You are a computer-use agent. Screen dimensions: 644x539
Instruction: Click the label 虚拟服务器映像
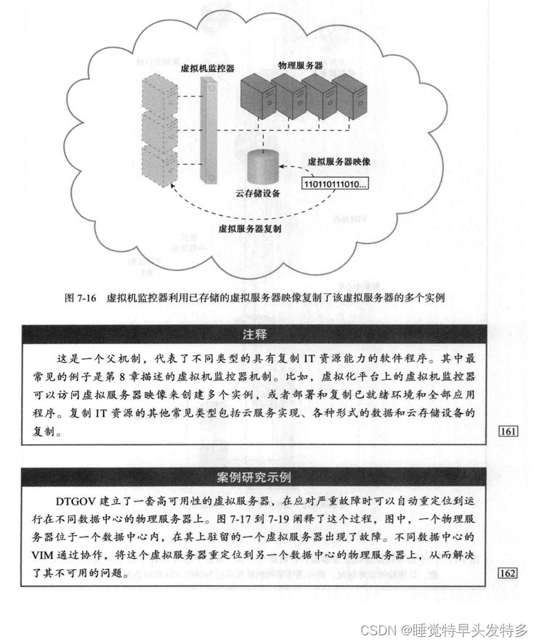pyautogui.click(x=339, y=160)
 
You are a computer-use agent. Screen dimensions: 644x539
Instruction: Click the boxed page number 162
pyautogui.click(x=508, y=574)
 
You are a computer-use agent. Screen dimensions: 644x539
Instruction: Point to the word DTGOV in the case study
pyautogui.click(x=76, y=502)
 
